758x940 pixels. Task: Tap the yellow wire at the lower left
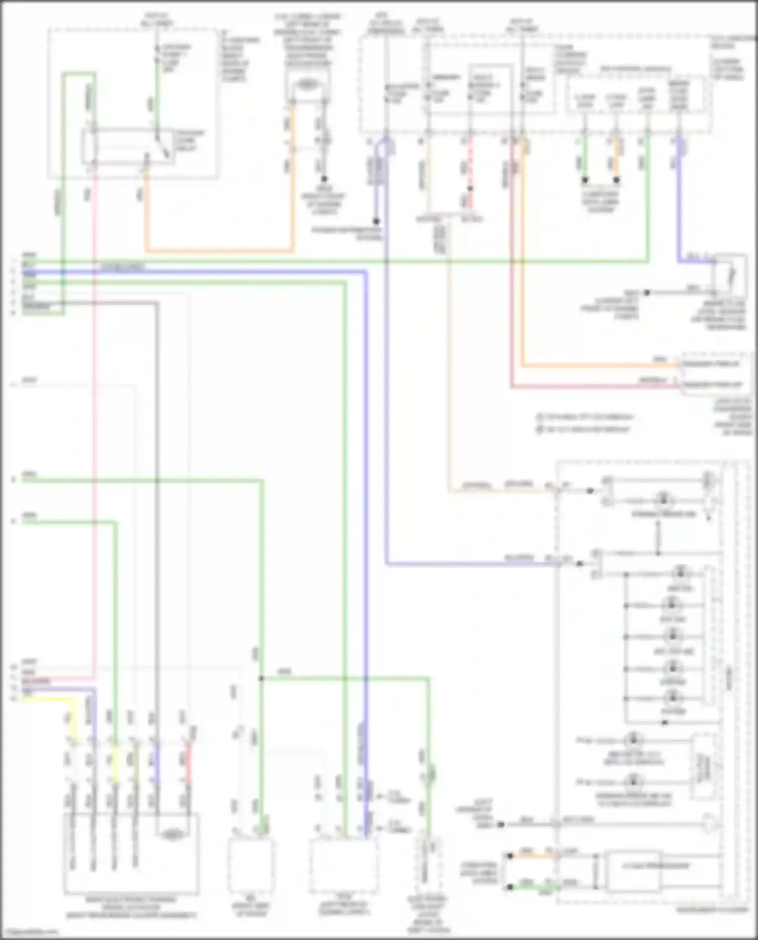(x=48, y=700)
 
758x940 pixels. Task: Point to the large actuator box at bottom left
(x=131, y=854)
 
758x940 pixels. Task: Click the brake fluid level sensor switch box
(x=729, y=275)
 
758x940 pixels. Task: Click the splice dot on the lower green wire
(x=261, y=678)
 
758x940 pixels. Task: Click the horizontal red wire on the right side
(x=596, y=387)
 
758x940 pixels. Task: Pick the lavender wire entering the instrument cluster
(x=470, y=564)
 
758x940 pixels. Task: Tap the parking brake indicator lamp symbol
(x=663, y=500)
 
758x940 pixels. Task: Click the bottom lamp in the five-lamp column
(x=672, y=699)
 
